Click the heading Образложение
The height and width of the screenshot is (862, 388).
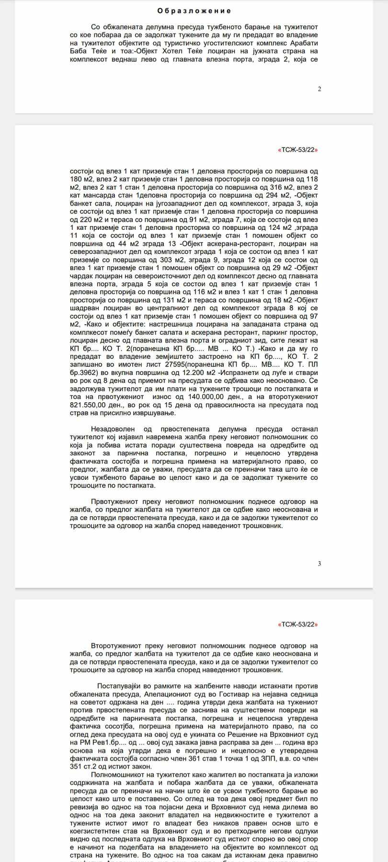tap(194, 11)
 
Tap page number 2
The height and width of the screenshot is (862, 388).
tap(320, 89)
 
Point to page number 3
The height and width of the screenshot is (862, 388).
tap(320, 564)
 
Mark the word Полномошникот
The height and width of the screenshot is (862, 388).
tap(119, 775)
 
